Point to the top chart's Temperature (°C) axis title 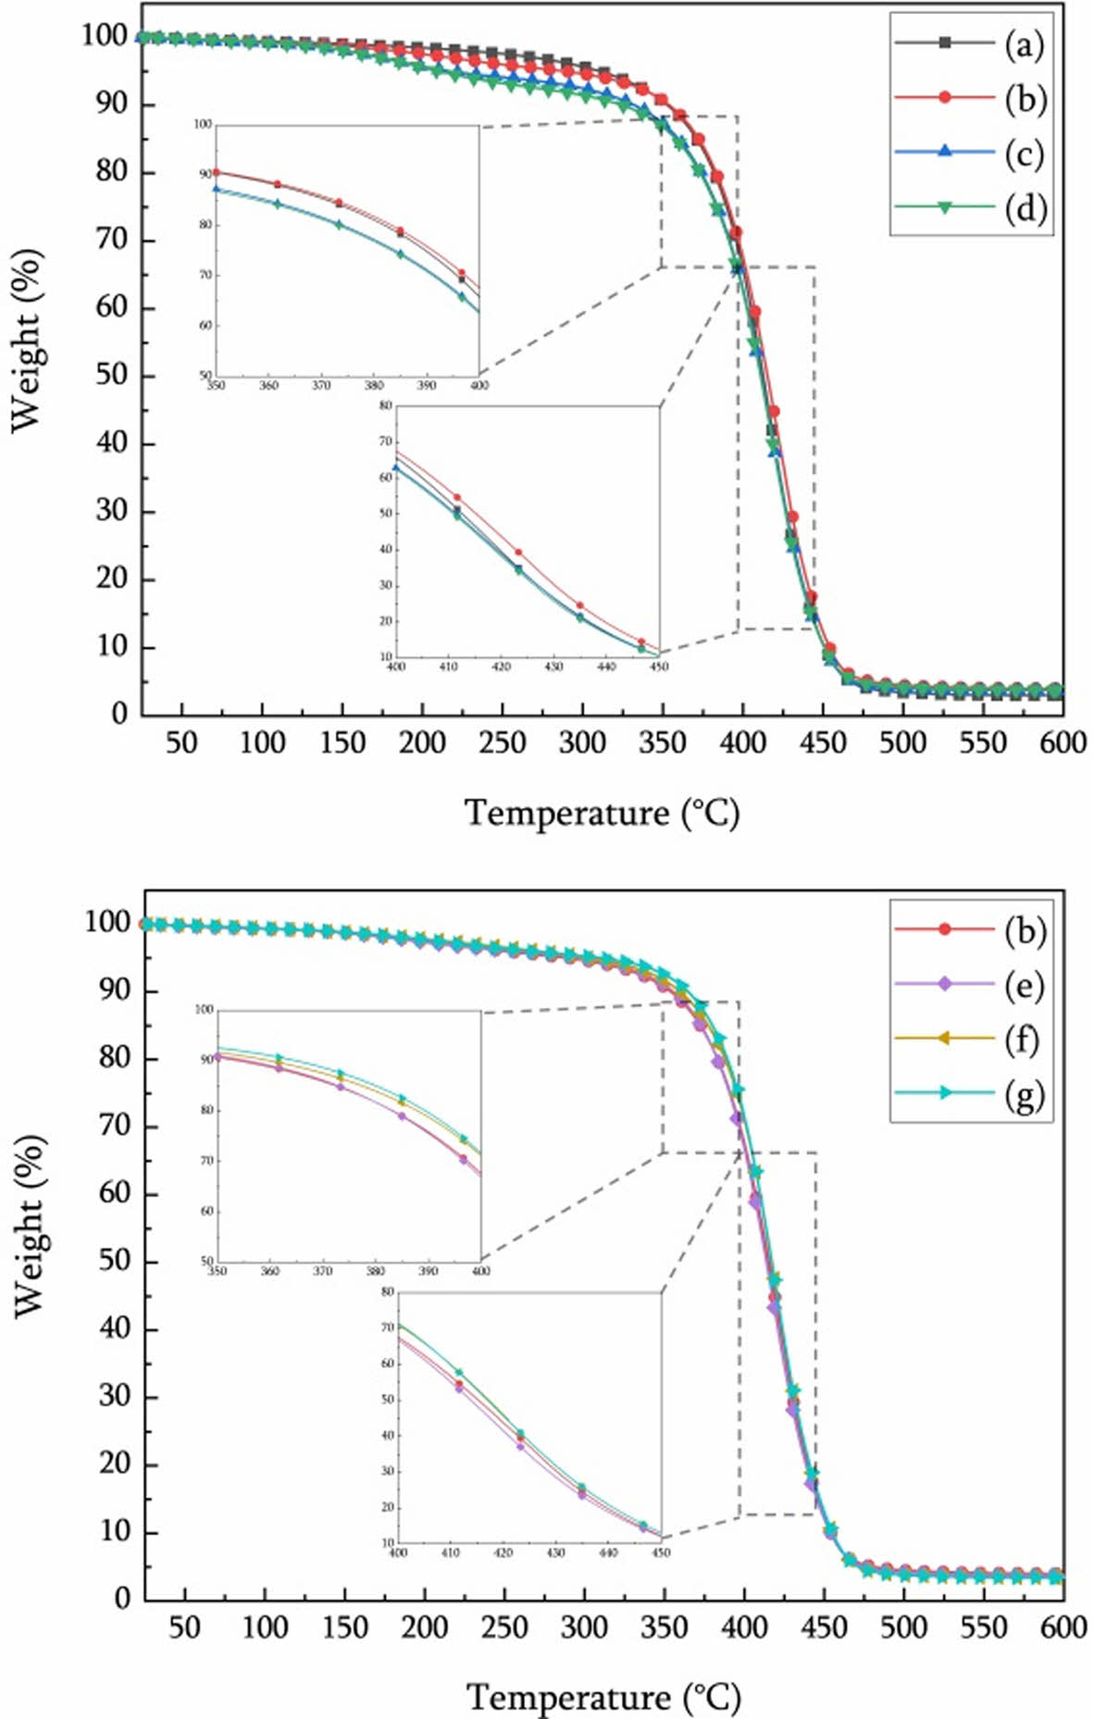point(602,813)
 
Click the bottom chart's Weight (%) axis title point(30,1227)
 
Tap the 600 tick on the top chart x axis point(1062,742)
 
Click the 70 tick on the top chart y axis point(111,240)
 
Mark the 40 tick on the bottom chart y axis point(115,1328)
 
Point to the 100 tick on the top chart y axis point(104,36)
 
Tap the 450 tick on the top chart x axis point(823,742)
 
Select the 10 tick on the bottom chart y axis point(115,1532)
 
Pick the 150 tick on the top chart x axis point(342,742)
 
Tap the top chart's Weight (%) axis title point(27,340)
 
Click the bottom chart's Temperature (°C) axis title point(603,1698)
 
